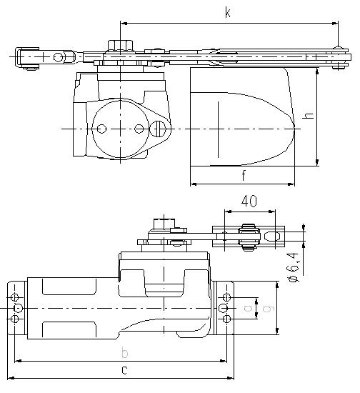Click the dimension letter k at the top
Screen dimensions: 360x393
227,13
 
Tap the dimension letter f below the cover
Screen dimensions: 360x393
244,176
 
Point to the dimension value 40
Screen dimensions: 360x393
249,201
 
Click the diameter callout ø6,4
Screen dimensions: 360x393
293,267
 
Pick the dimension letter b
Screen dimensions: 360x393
124,353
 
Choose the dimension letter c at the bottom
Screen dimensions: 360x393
124,370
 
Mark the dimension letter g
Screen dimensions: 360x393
269,308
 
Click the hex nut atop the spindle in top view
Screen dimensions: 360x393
120,46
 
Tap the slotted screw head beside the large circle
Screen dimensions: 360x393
158,129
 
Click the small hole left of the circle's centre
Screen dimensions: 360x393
101,129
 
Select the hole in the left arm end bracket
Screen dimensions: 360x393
58,57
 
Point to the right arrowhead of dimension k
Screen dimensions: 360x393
335,24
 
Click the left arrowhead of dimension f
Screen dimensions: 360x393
194,184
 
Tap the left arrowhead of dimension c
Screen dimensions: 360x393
11,378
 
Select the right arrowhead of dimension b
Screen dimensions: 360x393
224,361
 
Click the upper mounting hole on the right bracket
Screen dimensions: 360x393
226,297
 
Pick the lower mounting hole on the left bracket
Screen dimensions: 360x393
15,319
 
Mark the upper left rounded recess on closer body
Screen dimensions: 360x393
69,287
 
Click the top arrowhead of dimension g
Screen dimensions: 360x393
256,301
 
